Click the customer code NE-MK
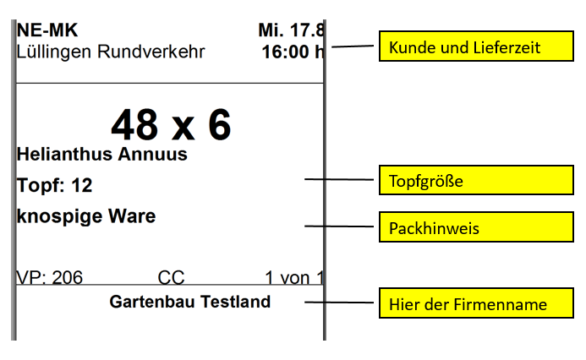click(x=47, y=30)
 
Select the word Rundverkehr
click(x=151, y=52)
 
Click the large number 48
click(x=134, y=125)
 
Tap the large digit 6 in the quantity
click(x=219, y=125)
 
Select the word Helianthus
click(x=65, y=155)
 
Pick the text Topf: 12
click(x=55, y=185)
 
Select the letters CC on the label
click(x=171, y=277)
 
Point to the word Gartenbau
click(x=152, y=302)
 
